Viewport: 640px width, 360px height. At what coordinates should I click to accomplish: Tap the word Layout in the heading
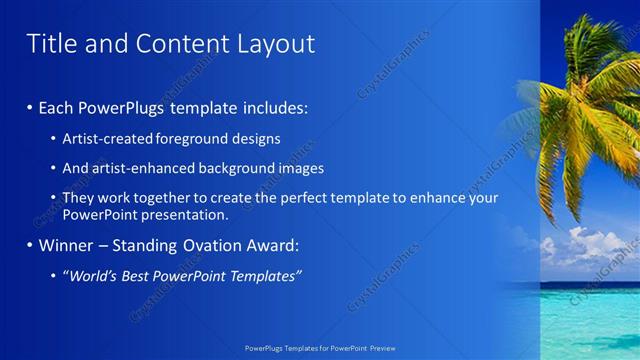269,44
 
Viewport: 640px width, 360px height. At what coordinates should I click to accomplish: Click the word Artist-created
106,138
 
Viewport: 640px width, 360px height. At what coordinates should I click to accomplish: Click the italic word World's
92,276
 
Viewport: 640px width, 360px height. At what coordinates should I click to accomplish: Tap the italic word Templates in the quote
266,276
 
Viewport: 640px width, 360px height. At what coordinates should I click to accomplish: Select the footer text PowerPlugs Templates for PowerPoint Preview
320,350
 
